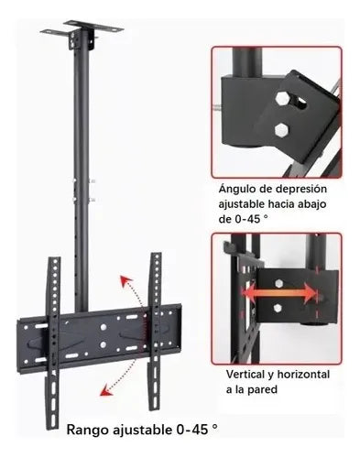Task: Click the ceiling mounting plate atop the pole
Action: pyautogui.click(x=82, y=29)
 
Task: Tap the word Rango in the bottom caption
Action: pyautogui.click(x=88, y=430)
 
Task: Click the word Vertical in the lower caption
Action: pyautogui.click(x=245, y=375)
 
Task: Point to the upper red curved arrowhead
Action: pyautogui.click(x=125, y=281)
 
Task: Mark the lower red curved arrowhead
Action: pyautogui.click(x=106, y=390)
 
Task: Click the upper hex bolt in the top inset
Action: pyautogui.click(x=281, y=98)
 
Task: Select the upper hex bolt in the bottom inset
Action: pyautogui.click(x=278, y=283)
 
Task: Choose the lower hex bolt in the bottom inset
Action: pyautogui.click(x=278, y=308)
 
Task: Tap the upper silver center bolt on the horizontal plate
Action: pyautogui.click(x=104, y=327)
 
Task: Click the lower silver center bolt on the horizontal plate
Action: pyautogui.click(x=103, y=344)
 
